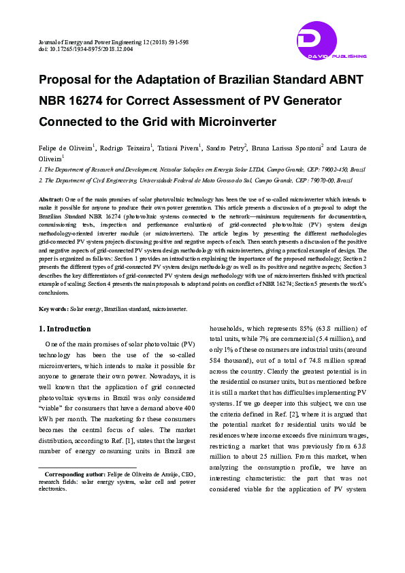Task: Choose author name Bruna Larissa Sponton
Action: coord(289,148)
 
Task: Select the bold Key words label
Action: coord(54,309)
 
